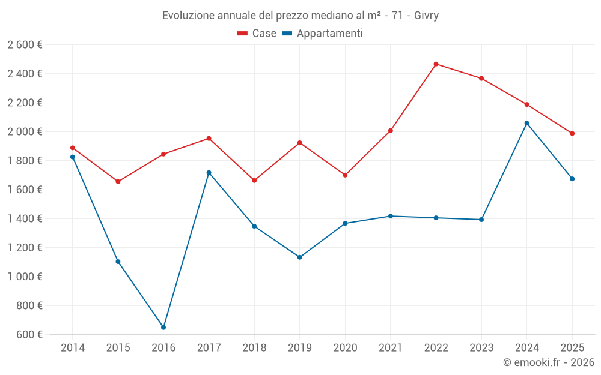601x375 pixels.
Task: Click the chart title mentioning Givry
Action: tap(300, 15)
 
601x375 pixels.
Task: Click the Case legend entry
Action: tap(257, 34)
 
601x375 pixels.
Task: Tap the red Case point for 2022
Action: tap(436, 64)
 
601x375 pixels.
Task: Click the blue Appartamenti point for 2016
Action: tap(163, 328)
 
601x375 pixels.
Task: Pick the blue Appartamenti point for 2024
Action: tap(526, 123)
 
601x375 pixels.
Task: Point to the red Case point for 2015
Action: tap(118, 181)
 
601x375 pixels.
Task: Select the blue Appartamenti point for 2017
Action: tap(209, 173)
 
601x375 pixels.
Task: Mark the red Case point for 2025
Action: tap(572, 133)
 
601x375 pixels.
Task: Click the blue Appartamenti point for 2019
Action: tap(300, 257)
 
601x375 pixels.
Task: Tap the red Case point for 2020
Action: tap(345, 175)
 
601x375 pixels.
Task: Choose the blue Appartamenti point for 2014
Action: tap(73, 157)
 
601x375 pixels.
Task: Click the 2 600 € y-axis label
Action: tap(25, 45)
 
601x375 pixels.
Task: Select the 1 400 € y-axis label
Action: tap(25, 219)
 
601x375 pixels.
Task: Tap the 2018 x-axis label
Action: tap(254, 347)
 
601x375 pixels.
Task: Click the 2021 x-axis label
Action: tap(391, 347)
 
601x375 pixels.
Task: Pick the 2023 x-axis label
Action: tap(481, 347)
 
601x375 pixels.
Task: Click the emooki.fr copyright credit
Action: tap(548, 362)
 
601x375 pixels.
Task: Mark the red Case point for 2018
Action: tap(254, 180)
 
